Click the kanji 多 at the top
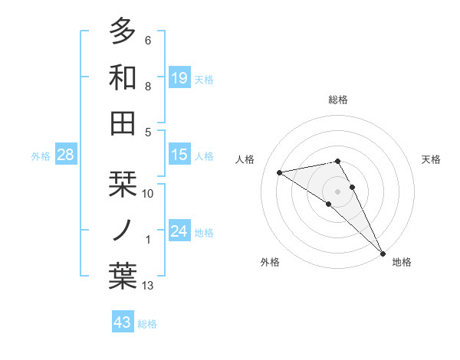pyautogui.click(x=123, y=32)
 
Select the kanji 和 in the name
pyautogui.click(x=123, y=77)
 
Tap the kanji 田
pyautogui.click(x=123, y=123)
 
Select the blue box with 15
pyautogui.click(x=179, y=155)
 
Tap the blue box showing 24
pyautogui.click(x=179, y=231)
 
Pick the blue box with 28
pyautogui.click(x=66, y=155)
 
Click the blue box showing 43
pyautogui.click(x=123, y=322)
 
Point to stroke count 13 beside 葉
pyautogui.click(x=148, y=286)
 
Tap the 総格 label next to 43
pyautogui.click(x=147, y=324)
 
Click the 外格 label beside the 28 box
pyautogui.click(x=41, y=156)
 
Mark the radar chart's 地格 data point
pyautogui.click(x=383, y=252)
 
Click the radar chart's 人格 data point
pyautogui.click(x=280, y=172)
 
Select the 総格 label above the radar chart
pyautogui.click(x=337, y=100)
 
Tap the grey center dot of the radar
pyautogui.click(x=337, y=190)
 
